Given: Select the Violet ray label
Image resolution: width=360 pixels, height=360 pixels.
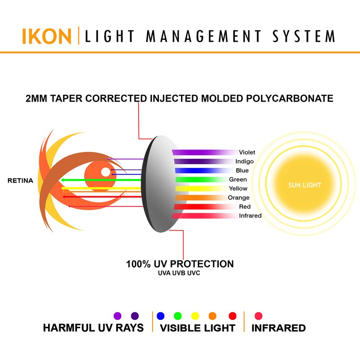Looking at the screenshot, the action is (x=247, y=153).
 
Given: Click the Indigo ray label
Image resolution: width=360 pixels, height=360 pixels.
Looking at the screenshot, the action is (x=244, y=162).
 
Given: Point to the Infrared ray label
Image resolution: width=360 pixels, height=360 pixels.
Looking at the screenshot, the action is (x=250, y=216).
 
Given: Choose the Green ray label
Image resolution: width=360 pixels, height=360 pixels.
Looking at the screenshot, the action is (x=238, y=180).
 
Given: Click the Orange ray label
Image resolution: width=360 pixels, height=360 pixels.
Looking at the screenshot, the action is (x=238, y=198).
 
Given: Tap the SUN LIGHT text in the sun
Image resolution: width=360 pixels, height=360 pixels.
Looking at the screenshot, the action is (x=305, y=185).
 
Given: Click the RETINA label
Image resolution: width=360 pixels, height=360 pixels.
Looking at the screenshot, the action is (x=21, y=181).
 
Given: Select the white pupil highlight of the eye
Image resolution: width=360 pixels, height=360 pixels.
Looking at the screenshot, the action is (x=105, y=171).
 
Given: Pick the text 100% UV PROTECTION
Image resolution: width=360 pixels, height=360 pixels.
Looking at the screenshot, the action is (x=180, y=264).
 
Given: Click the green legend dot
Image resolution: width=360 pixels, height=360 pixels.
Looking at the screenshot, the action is (x=177, y=315).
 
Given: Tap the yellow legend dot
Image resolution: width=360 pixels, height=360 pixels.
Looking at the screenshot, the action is (x=195, y=315).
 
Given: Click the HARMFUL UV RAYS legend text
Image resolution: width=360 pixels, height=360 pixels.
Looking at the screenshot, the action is (x=93, y=328).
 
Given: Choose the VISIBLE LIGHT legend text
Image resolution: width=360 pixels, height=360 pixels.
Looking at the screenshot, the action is (x=198, y=328).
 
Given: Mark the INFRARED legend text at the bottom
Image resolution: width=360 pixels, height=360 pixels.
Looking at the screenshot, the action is (x=279, y=328).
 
